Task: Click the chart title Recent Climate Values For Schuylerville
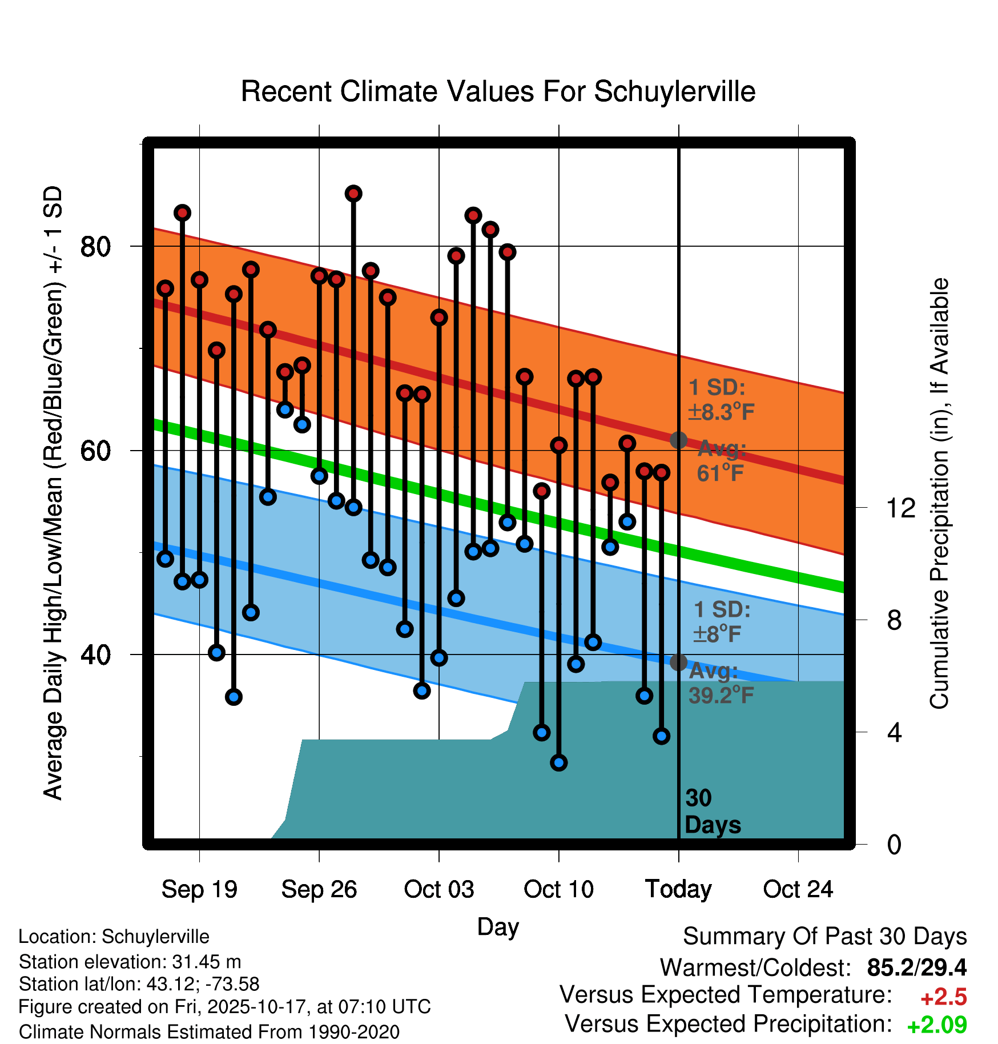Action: [498, 92]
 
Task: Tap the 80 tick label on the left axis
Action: [95, 247]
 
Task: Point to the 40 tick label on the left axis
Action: [95, 654]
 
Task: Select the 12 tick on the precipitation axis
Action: [901, 508]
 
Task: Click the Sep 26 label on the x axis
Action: [319, 889]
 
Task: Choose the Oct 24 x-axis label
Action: [798, 889]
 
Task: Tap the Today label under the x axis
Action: [678, 889]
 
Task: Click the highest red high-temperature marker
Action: [353, 194]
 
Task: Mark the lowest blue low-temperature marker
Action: [559, 762]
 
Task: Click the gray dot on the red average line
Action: [678, 440]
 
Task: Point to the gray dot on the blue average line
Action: [678, 662]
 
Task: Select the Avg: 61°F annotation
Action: [721, 461]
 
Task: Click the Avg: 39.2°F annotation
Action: [721, 683]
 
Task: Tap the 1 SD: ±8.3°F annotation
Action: [721, 400]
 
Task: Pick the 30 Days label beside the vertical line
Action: [712, 812]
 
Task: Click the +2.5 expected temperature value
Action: [943, 997]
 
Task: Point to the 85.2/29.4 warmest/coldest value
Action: [916, 967]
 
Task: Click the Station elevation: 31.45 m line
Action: [130, 962]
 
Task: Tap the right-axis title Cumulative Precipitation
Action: [939, 494]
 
